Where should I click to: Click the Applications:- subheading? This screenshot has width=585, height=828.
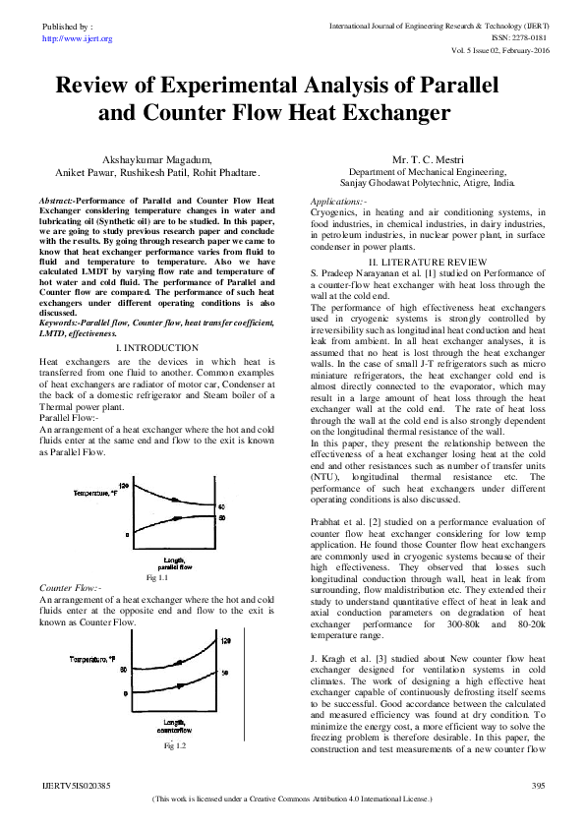pyautogui.click(x=338, y=199)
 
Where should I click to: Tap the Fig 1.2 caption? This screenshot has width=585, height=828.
pyautogui.click(x=175, y=746)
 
